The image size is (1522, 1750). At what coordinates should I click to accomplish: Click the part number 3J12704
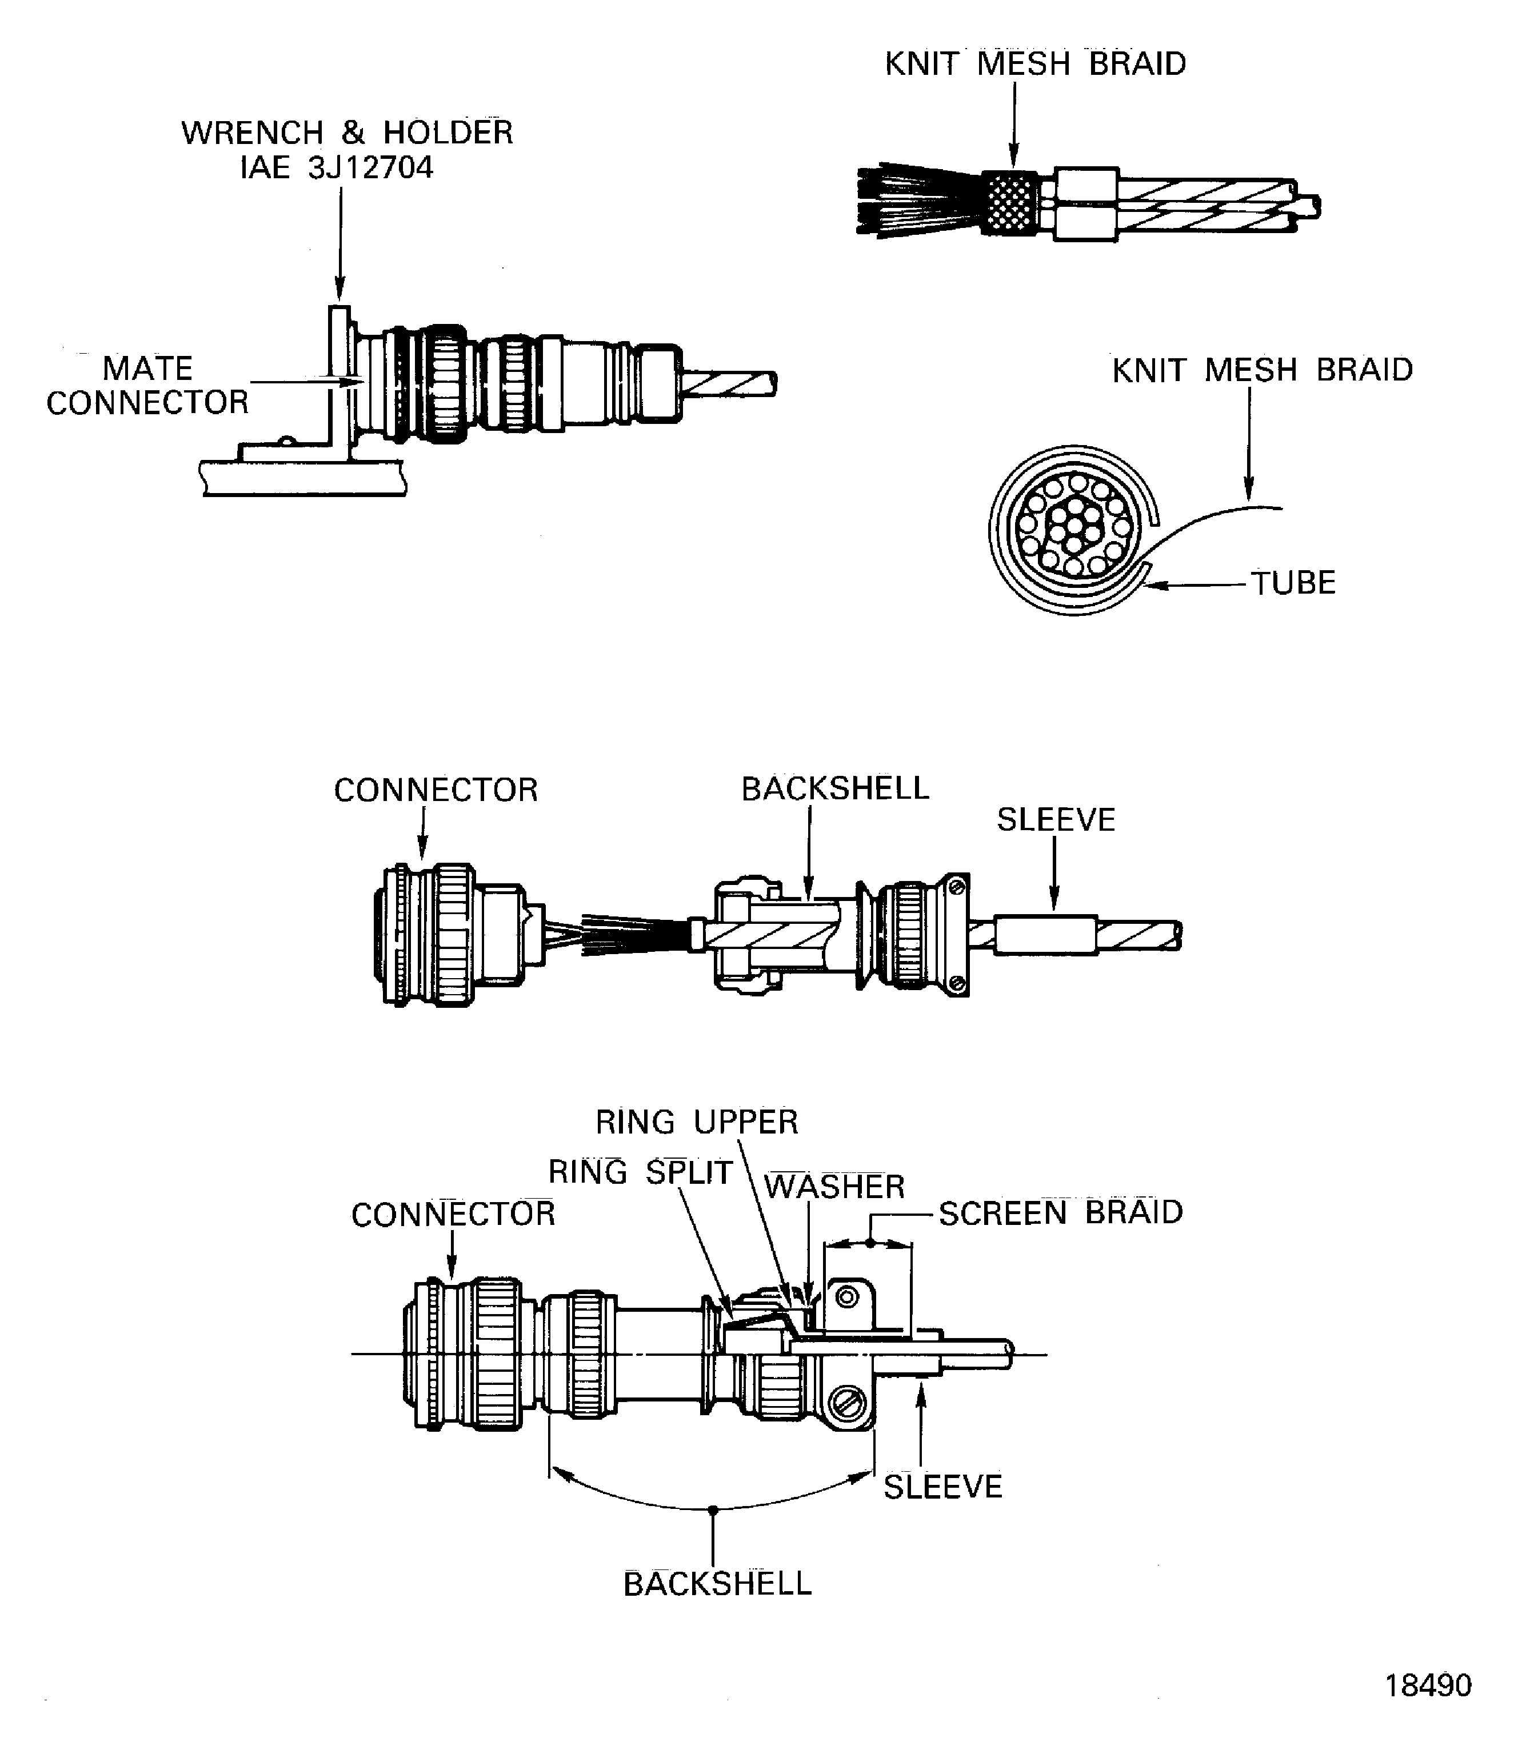(370, 168)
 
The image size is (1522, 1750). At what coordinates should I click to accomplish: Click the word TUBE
(1293, 583)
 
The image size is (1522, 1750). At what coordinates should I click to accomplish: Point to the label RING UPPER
(697, 1123)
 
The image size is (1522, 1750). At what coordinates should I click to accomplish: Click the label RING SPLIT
(640, 1172)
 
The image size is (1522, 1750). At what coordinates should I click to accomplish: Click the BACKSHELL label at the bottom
(718, 1584)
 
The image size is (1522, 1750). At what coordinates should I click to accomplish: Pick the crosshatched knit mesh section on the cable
(1010, 204)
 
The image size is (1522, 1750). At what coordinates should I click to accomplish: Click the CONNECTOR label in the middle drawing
(436, 791)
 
